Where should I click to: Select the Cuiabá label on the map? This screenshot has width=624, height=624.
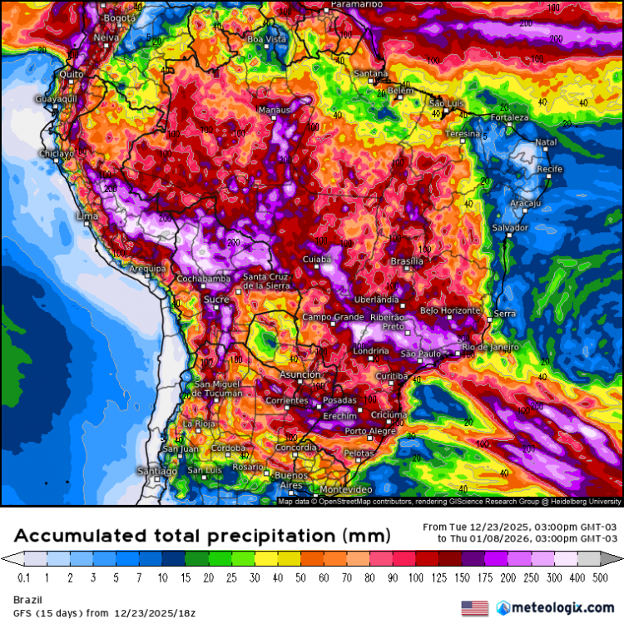tap(316, 260)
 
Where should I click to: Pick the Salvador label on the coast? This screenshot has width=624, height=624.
tap(510, 227)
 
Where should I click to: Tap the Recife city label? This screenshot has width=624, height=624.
tap(550, 169)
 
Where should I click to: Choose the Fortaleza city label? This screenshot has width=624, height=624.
tap(509, 117)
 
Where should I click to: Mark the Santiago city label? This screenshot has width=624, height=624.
tap(157, 472)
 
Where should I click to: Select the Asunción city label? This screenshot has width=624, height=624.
tap(300, 375)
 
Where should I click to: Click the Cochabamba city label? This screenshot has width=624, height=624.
tap(203, 278)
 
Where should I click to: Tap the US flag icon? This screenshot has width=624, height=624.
tap(474, 608)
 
